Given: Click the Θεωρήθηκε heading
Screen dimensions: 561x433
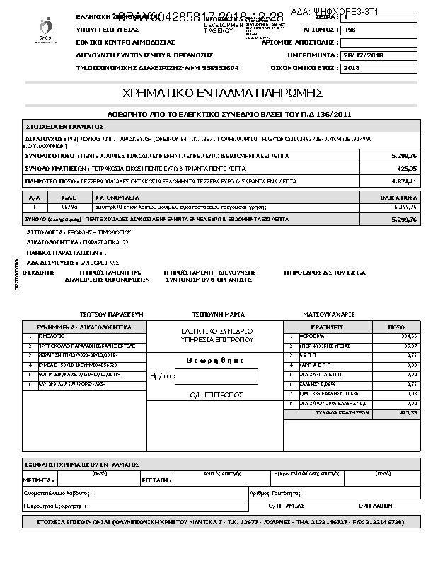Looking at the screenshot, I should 215,359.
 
